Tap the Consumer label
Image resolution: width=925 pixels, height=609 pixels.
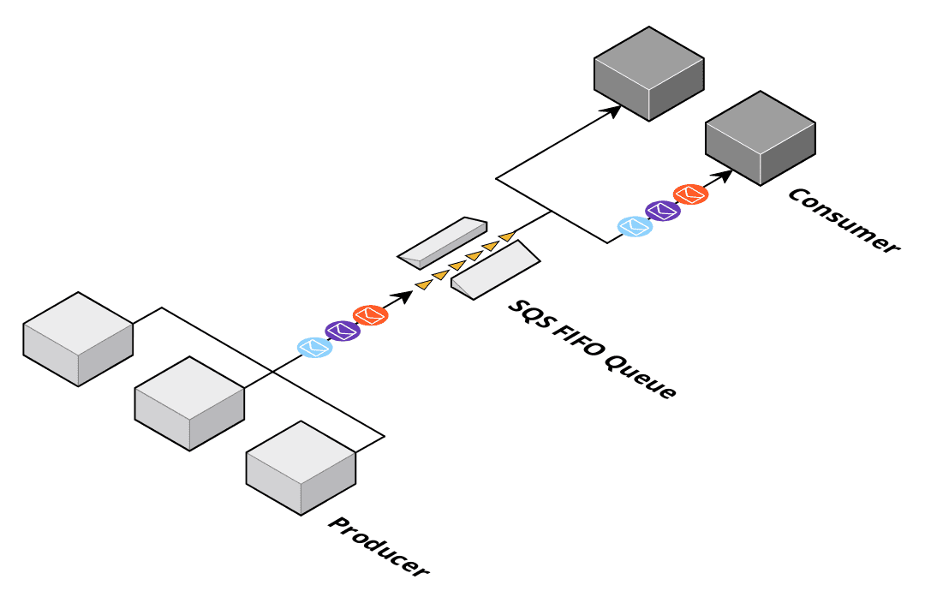click(844, 219)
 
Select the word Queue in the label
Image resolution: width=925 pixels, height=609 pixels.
click(641, 378)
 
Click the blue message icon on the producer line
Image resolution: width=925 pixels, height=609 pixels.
click(314, 347)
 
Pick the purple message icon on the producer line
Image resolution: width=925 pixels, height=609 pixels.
click(343, 331)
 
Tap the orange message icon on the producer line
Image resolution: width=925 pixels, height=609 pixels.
click(371, 314)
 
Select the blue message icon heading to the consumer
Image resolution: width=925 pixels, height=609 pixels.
click(635, 226)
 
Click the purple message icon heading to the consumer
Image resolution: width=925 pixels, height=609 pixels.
click(662, 210)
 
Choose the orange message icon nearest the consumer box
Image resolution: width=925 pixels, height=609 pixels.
click(690, 194)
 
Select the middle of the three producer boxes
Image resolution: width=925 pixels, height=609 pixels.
click(189, 403)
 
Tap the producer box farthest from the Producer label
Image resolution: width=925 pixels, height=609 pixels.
click(78, 339)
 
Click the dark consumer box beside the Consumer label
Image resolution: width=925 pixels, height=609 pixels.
click(760, 138)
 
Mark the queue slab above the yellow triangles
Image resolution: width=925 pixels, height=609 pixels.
click(443, 240)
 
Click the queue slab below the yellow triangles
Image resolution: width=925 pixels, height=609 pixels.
click(495, 269)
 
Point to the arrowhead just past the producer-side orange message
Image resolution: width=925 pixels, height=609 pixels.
click(403, 296)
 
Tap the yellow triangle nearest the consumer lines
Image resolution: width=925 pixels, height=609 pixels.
click(507, 235)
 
